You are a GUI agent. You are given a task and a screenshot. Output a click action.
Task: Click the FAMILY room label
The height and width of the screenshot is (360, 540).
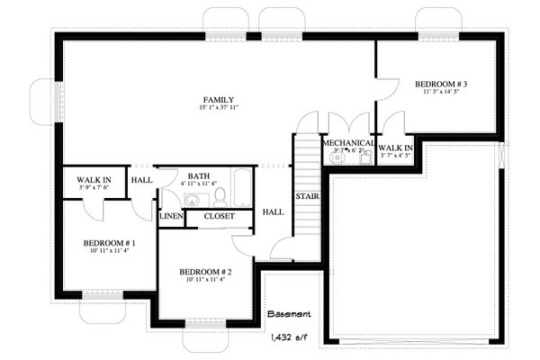point(219,99)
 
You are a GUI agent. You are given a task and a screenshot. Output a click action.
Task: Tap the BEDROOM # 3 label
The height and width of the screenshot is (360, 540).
point(440,85)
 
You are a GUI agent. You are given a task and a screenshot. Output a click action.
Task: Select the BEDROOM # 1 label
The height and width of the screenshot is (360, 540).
point(109,244)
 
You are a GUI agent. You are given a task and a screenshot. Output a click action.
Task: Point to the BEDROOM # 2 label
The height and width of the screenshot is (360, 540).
point(205,272)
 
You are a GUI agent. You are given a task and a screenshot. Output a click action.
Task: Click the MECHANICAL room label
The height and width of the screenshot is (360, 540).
point(347,143)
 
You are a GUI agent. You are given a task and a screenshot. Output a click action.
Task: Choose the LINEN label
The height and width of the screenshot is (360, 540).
point(171,217)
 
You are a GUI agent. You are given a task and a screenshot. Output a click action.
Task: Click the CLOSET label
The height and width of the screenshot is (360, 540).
point(219,217)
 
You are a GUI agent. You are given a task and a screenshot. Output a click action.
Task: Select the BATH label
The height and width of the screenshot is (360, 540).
point(199,176)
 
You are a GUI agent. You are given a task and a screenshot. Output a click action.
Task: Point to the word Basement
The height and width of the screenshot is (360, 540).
point(289,315)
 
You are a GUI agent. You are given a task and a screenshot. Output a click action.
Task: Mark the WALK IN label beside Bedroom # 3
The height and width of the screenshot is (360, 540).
point(395,147)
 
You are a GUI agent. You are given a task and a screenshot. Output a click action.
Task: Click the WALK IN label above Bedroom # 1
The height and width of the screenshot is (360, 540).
point(94,180)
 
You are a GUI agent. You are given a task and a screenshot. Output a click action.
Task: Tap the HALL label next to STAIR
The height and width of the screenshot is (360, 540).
point(273,211)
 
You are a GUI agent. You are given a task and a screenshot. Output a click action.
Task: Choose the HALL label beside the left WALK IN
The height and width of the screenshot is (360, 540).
point(141,180)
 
